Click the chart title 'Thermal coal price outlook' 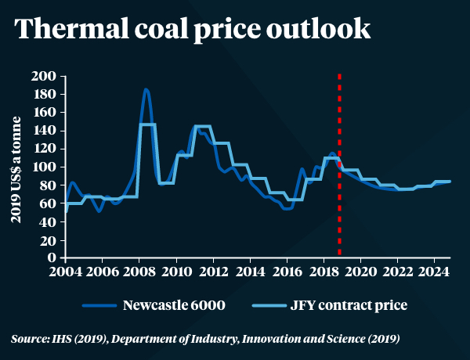pos(191,29)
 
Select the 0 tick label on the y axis pos(53,257)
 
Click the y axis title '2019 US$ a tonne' pos(16,167)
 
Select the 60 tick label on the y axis pos(50,203)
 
